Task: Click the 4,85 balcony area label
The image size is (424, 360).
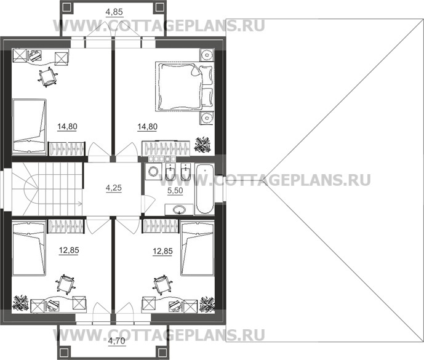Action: (114, 12)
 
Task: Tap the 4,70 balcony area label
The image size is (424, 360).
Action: (116, 341)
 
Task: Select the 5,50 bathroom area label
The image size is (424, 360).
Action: (175, 190)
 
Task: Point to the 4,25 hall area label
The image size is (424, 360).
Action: (114, 188)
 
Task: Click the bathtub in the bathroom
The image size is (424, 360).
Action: (205, 189)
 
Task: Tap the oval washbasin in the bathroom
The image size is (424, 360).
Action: (179, 210)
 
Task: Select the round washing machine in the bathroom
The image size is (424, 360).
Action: (154, 172)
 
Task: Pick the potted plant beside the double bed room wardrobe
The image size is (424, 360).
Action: (203, 145)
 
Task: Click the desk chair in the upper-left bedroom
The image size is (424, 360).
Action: (48, 77)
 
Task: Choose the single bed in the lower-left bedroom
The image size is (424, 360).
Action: (29, 248)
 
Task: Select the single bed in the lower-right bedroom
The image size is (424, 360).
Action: (198, 248)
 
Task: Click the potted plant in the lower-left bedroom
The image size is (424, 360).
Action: (21, 303)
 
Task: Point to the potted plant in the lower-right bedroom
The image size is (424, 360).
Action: (207, 304)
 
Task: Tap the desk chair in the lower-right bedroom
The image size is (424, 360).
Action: (162, 285)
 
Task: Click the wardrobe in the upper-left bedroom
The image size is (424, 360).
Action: (66, 149)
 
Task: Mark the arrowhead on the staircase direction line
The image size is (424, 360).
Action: (80, 204)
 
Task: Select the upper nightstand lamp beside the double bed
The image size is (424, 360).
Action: (207, 55)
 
